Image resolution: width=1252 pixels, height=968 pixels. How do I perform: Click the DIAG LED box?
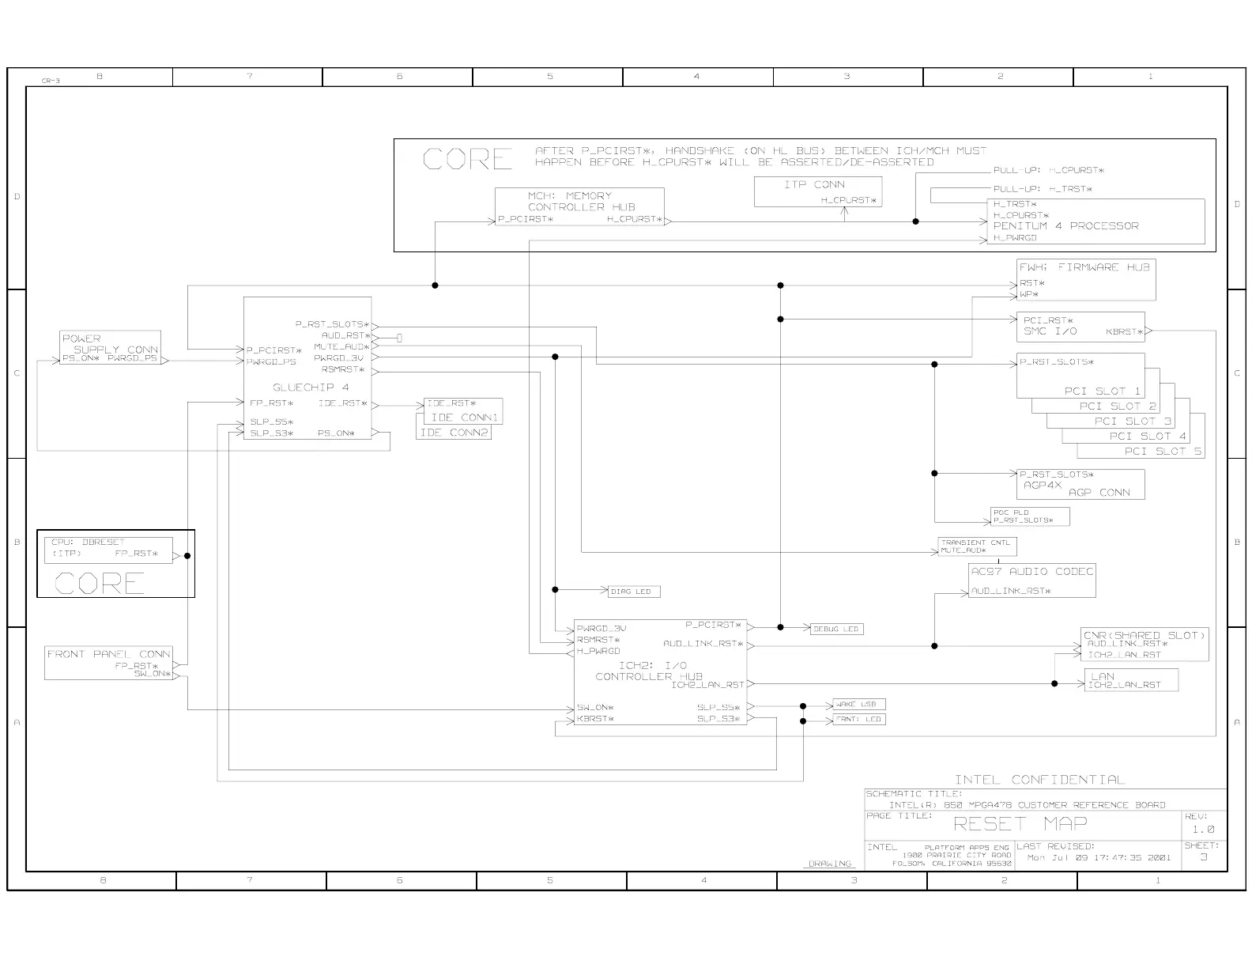(633, 592)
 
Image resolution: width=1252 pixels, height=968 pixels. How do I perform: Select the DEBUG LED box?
(836, 629)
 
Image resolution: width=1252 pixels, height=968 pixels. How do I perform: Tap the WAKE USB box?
(858, 704)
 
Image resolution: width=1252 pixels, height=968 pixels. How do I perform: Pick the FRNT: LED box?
(858, 719)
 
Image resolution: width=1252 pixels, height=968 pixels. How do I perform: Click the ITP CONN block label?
(814, 184)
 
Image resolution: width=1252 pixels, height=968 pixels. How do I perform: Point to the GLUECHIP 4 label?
(311, 388)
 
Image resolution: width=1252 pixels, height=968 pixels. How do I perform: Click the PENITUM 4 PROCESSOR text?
(1065, 226)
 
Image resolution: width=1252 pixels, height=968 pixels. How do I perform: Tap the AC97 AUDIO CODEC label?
(1031, 571)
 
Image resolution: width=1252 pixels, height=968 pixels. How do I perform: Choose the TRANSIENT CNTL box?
(976, 546)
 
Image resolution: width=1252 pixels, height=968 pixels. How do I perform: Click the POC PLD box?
(1030, 516)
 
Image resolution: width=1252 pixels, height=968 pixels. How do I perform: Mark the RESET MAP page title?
(1020, 823)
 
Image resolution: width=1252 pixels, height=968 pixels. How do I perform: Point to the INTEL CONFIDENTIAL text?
(1039, 780)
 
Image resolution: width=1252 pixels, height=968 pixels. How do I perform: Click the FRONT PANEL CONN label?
(108, 654)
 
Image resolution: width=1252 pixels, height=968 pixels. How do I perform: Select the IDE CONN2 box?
(454, 433)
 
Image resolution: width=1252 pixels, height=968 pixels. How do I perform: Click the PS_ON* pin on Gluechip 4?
(336, 433)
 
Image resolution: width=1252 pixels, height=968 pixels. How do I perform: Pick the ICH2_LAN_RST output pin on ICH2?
(707, 685)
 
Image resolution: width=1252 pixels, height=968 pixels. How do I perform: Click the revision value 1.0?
(1203, 830)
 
